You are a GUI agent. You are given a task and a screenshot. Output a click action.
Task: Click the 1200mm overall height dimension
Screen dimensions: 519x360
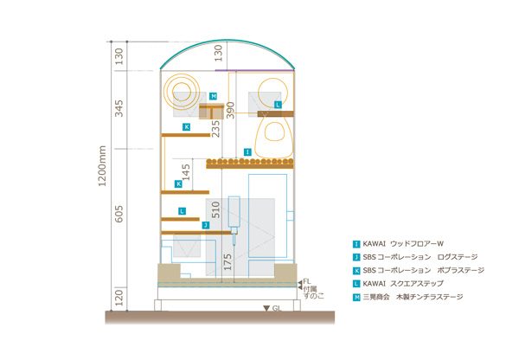[x=102, y=166]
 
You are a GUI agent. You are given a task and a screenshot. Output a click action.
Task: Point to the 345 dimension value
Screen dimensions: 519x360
[x=119, y=108]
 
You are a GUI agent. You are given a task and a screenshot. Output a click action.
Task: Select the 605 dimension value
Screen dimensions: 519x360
[x=119, y=214]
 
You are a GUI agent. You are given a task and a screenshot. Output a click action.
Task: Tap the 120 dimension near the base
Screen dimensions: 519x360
[x=119, y=298]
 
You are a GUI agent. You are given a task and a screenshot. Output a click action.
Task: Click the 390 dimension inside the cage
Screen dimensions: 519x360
[x=230, y=110]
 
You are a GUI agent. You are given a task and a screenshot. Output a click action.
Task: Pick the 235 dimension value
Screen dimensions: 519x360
[x=215, y=128]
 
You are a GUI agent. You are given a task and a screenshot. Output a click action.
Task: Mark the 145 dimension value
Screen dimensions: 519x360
[x=186, y=172]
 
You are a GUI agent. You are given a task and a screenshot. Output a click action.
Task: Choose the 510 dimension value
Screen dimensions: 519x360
[x=215, y=209]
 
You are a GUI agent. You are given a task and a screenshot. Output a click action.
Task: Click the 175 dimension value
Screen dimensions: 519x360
[x=227, y=262]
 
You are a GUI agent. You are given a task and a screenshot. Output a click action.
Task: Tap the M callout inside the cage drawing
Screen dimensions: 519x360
[x=214, y=96]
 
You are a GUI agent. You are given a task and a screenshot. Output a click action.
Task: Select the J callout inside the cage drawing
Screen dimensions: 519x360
[x=206, y=225]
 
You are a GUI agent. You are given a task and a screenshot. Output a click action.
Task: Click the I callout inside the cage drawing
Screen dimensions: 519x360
[x=247, y=152]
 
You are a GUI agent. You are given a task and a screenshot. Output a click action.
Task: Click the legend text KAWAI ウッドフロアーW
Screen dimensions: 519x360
[x=403, y=244]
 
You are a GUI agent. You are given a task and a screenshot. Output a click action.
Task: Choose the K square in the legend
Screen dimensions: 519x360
[x=356, y=271]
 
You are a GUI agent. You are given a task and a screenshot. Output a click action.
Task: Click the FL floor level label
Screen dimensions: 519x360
[x=307, y=281]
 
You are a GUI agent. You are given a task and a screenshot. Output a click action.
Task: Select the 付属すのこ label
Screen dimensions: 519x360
[x=313, y=292]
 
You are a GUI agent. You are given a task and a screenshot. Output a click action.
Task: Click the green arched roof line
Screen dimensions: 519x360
[x=227, y=42]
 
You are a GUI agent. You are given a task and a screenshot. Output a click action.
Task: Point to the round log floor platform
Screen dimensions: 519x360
[x=250, y=164]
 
